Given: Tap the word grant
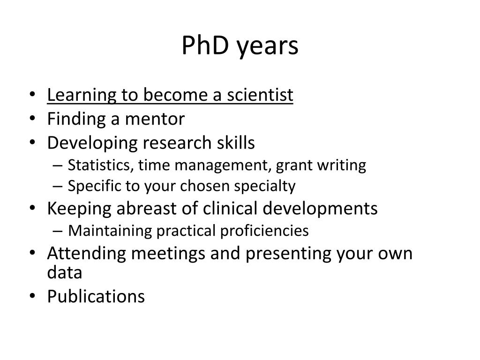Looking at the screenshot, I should pyautogui.click(x=291, y=165).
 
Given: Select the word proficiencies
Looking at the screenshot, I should pyautogui.click(x=263, y=231).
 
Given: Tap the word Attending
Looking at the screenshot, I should pyautogui.click(x=87, y=254).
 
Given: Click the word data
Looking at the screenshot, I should pyautogui.click(x=65, y=272).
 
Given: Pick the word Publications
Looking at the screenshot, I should pyautogui.click(x=96, y=296).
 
